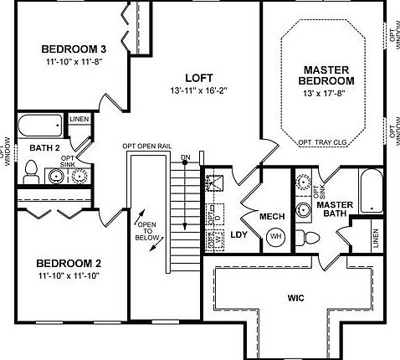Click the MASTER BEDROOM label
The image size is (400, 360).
click(326, 75)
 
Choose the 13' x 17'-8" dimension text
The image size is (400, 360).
click(326, 94)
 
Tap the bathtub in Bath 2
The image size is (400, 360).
click(39, 126)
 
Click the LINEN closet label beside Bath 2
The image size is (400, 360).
click(79, 121)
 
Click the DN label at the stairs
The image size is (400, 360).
click(185, 157)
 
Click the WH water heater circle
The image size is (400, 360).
click(275, 236)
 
